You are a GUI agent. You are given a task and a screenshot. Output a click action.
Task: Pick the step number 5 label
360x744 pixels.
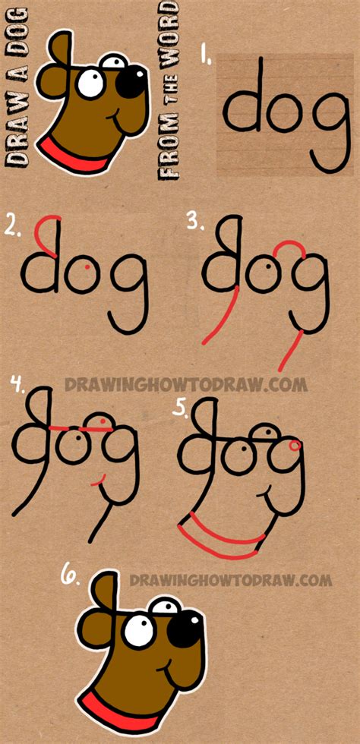tap(179, 408)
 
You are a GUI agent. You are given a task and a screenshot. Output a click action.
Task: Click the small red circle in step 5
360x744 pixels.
tap(294, 445)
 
